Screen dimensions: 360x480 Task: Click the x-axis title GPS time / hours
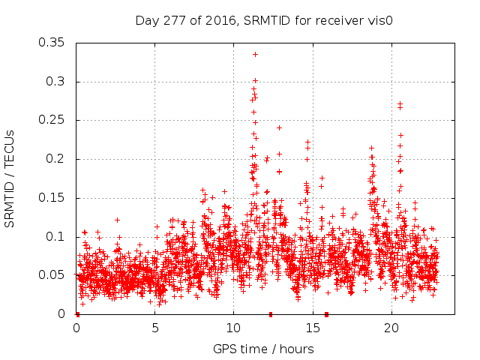[x=263, y=349]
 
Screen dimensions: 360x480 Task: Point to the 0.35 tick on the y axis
[x=53, y=43]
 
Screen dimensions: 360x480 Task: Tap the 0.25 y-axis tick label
[x=53, y=120]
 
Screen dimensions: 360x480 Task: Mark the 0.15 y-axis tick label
[x=53, y=198]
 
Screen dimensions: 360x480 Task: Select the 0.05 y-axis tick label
[x=53, y=275]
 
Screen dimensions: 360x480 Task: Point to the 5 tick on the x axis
[x=155, y=328]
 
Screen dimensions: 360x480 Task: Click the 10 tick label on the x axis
[x=233, y=328]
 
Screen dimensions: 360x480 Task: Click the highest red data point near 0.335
[x=256, y=54]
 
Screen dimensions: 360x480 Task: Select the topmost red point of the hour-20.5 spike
[x=400, y=104]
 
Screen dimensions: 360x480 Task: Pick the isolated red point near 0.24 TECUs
[x=279, y=127]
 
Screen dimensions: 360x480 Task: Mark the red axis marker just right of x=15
[x=326, y=314]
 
